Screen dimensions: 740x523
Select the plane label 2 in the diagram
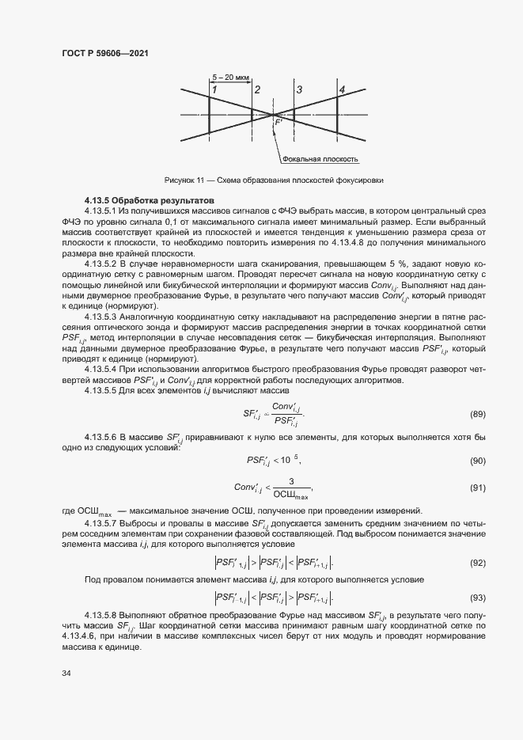tap(257, 90)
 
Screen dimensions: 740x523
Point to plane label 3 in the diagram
tap(298, 90)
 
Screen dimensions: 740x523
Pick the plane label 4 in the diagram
tap(341, 90)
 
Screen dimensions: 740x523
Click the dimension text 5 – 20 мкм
tap(231, 78)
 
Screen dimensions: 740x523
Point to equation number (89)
tap(477, 414)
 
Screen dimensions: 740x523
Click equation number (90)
tap(477, 461)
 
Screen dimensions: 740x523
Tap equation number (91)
tap(477, 488)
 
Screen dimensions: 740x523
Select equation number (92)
tap(477, 563)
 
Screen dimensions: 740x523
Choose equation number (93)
tap(477, 597)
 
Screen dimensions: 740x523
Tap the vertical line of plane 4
tap(341, 116)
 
